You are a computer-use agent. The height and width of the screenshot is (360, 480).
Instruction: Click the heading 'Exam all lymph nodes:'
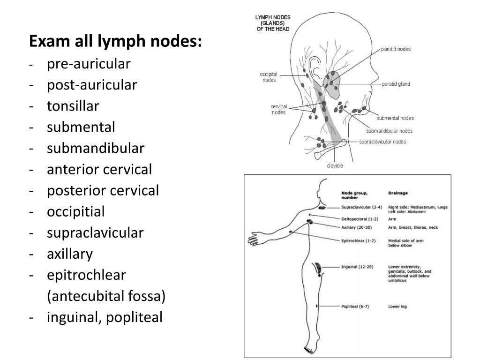(115, 42)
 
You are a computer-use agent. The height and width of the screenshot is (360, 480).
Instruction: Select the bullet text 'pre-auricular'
(89, 64)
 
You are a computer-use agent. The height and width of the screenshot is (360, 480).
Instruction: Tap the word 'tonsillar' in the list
(73, 106)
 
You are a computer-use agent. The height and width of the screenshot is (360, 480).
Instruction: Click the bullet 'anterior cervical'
(99, 169)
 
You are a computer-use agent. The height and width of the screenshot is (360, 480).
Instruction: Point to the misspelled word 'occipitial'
(75, 211)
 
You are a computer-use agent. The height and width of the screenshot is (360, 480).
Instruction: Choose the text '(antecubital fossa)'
(106, 296)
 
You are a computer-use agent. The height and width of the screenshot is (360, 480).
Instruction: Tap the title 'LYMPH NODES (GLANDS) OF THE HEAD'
(272, 23)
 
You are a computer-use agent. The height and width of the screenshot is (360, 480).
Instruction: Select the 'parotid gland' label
(396, 84)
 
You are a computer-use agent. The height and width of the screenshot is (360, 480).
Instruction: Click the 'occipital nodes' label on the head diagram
(269, 77)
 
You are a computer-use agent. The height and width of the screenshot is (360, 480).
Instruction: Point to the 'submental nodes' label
(395, 118)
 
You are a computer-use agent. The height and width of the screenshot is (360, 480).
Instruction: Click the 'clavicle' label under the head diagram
(335, 165)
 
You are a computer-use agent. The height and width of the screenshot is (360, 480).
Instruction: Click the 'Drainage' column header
(398, 193)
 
